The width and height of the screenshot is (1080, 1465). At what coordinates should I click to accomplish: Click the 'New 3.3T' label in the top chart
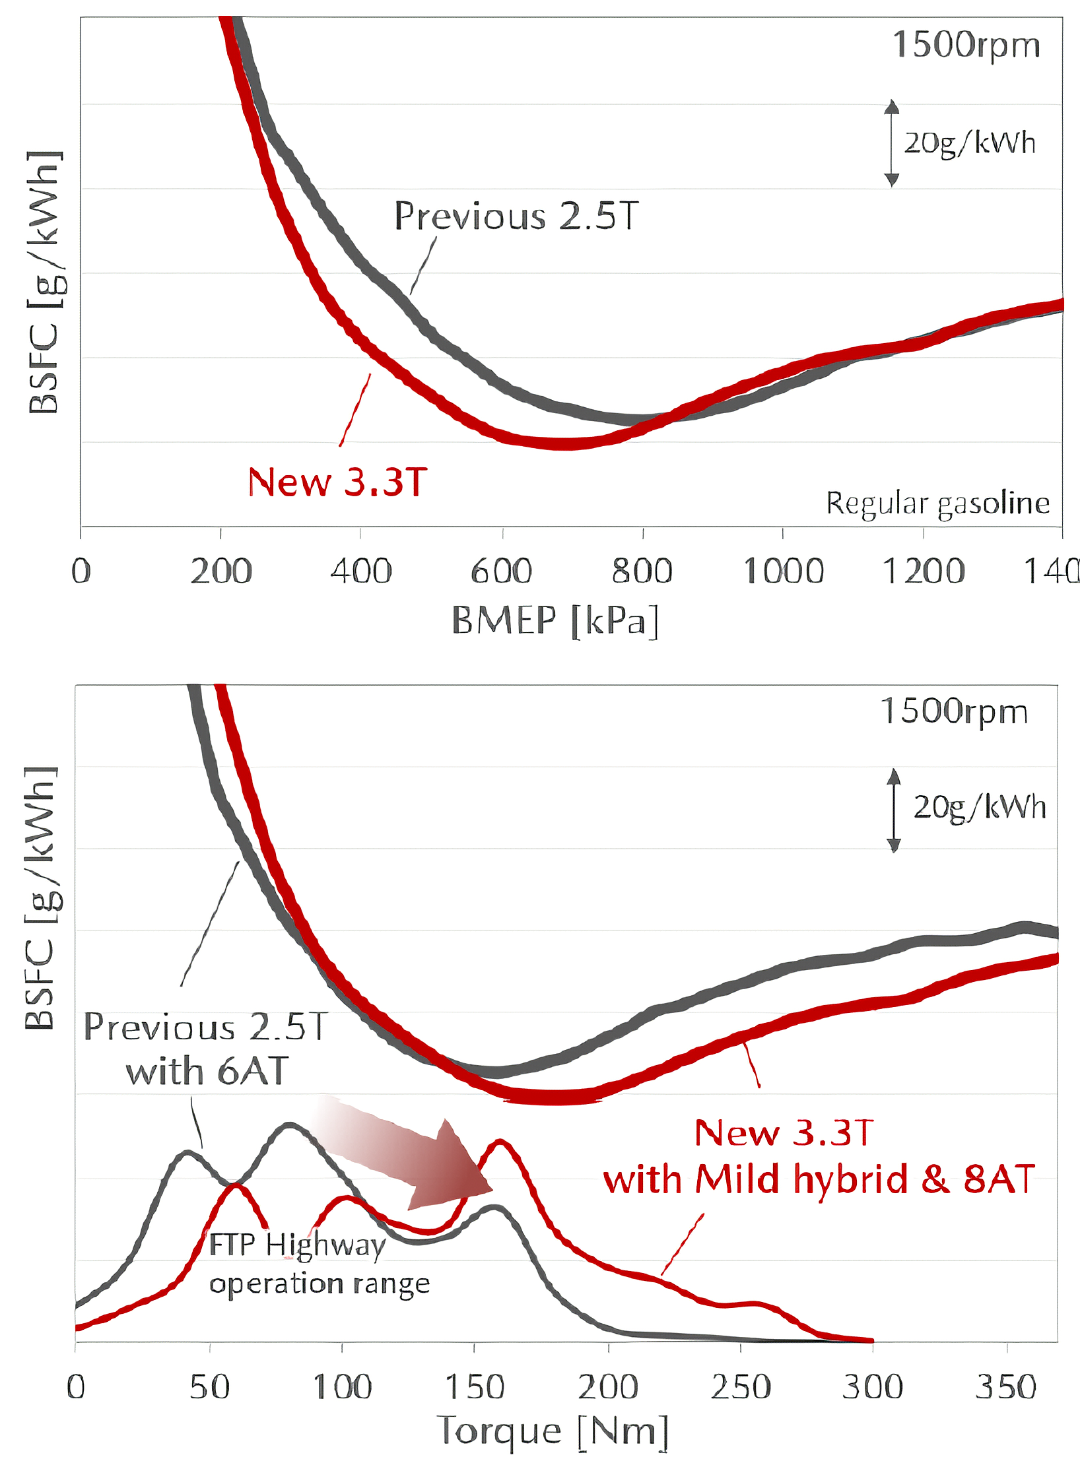pyautogui.click(x=337, y=482)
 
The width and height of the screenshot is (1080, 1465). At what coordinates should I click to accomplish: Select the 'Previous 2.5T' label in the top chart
pyautogui.click(x=516, y=216)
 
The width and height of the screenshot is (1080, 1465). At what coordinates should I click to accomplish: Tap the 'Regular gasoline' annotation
pyautogui.click(x=937, y=504)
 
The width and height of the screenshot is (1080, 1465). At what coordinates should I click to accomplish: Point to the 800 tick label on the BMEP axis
pyautogui.click(x=642, y=571)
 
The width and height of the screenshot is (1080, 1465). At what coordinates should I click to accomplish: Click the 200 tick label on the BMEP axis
pyautogui.click(x=221, y=571)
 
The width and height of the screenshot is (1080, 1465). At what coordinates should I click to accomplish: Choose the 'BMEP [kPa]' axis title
pyautogui.click(x=555, y=621)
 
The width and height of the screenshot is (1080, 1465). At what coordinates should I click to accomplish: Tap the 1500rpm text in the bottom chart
pyautogui.click(x=954, y=712)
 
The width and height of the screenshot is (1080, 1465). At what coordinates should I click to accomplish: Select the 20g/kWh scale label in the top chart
pyautogui.click(x=969, y=143)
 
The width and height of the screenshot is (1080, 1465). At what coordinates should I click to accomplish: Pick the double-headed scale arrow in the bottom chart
pyautogui.click(x=893, y=810)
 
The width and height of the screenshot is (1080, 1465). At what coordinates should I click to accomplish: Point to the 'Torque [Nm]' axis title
pyautogui.click(x=553, y=1432)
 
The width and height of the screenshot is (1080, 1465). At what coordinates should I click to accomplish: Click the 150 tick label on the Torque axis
pyautogui.click(x=475, y=1387)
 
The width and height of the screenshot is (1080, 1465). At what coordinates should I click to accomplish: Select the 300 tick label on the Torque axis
pyautogui.click(x=873, y=1387)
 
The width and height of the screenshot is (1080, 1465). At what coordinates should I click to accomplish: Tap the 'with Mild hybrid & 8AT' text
pyautogui.click(x=819, y=1180)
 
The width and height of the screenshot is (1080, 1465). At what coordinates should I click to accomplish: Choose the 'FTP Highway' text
pyautogui.click(x=297, y=1246)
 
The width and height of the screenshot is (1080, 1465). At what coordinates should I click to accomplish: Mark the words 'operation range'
pyautogui.click(x=320, y=1284)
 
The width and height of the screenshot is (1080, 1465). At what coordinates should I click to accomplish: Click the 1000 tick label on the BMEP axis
pyautogui.click(x=784, y=571)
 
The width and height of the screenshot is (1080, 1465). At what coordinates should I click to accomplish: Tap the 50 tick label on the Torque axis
pyautogui.click(x=210, y=1387)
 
